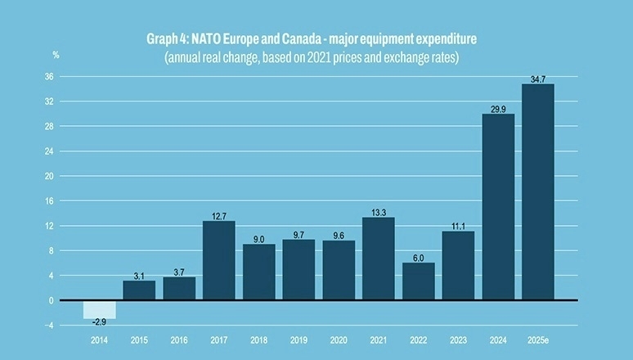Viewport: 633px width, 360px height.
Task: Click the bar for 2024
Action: click(x=498, y=207)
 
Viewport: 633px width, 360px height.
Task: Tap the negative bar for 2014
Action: click(x=99, y=309)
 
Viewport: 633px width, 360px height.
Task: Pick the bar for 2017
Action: click(x=218, y=260)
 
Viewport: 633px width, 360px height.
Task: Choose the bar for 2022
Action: click(x=418, y=281)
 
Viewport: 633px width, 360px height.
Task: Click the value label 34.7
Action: click(x=537, y=79)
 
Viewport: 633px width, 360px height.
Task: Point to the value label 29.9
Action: click(x=498, y=108)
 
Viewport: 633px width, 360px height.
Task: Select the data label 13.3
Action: click(x=378, y=212)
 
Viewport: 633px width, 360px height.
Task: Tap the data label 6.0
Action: click(x=418, y=257)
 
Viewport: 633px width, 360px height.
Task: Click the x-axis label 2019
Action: click(x=298, y=339)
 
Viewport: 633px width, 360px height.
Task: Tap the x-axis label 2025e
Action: click(x=537, y=339)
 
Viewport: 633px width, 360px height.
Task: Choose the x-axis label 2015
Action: click(x=139, y=339)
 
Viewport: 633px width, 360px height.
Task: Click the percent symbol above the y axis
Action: click(x=56, y=55)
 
